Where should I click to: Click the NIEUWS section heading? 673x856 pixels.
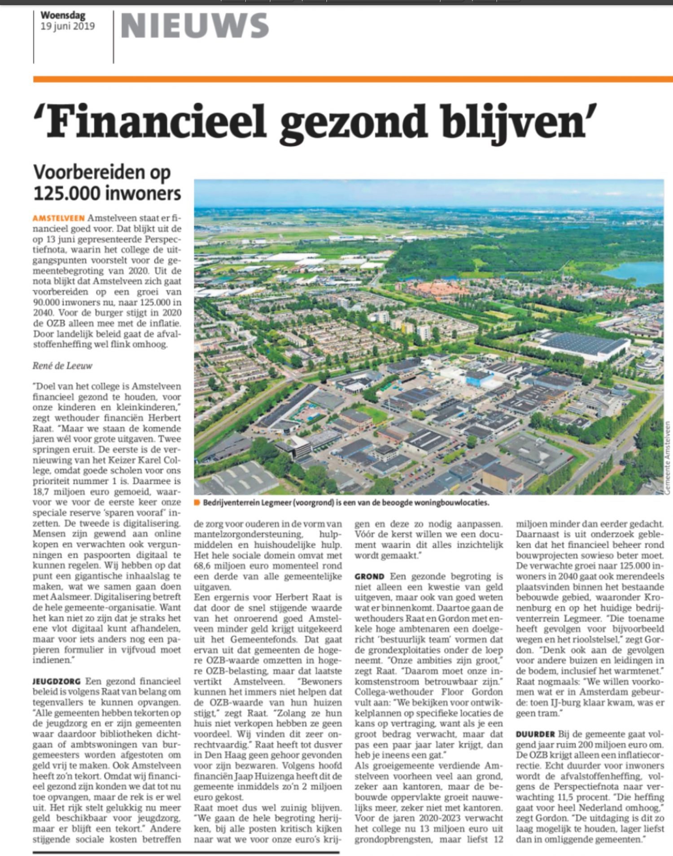pyautogui.click(x=195, y=26)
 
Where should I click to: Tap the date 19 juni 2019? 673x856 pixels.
pyautogui.click(x=68, y=26)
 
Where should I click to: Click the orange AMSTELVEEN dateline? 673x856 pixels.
pyautogui.click(x=59, y=218)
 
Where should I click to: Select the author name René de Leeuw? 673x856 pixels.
pyautogui.click(x=62, y=366)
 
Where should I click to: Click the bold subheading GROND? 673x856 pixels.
pyautogui.click(x=369, y=576)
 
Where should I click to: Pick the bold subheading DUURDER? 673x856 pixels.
pyautogui.click(x=535, y=734)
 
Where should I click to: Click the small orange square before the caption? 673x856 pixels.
pyautogui.click(x=197, y=503)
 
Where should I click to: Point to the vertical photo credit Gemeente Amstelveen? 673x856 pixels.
pyautogui.click(x=668, y=457)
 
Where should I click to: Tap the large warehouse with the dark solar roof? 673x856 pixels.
pyautogui.click(x=583, y=346)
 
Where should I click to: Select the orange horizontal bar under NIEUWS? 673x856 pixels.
pyautogui.click(x=353, y=79)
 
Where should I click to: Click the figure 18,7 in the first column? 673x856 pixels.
pyautogui.click(x=41, y=492)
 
